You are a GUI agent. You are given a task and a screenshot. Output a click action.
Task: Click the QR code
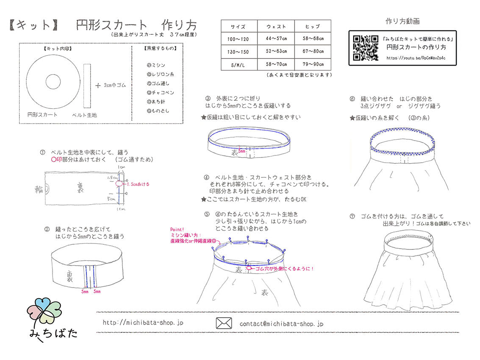click(365, 47)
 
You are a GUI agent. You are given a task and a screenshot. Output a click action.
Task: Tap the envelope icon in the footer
click(224, 323)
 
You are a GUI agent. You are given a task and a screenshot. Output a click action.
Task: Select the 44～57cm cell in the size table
click(276, 39)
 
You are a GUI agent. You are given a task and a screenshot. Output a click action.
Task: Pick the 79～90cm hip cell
click(312, 64)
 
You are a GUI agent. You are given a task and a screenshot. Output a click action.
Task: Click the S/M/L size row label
click(238, 64)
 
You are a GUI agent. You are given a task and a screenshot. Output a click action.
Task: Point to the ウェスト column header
click(276, 26)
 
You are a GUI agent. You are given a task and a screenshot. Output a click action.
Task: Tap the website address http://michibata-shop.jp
click(143, 323)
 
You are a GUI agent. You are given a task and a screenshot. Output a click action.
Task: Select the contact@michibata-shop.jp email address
click(281, 324)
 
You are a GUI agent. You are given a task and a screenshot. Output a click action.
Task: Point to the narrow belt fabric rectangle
click(87, 84)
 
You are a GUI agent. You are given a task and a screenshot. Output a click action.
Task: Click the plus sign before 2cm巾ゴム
click(98, 85)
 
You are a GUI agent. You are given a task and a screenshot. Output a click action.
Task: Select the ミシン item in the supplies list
click(156, 65)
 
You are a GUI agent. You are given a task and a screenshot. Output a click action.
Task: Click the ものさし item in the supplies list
click(158, 111)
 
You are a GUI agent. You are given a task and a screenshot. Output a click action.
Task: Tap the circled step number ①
click(42, 152)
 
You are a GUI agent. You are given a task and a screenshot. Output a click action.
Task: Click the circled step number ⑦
click(352, 216)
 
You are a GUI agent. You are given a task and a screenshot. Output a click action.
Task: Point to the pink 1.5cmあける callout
click(137, 184)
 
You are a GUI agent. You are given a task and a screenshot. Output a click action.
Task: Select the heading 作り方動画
click(402, 21)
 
